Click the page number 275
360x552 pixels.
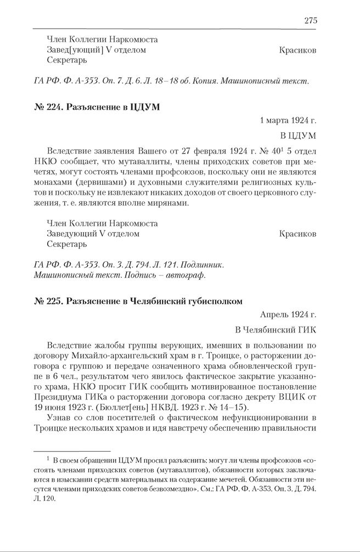pyautogui.click(x=310, y=20)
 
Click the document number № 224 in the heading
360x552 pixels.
pyautogui.click(x=47, y=107)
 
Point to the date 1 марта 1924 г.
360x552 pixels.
pyautogui.click(x=288, y=120)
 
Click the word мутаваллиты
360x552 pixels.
pyautogui.click(x=147, y=161)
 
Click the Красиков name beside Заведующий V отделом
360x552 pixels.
pyautogui.click(x=297, y=234)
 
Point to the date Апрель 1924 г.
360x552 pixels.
pyautogui.click(x=288, y=314)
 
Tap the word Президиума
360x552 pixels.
pyautogui.click(x=59, y=397)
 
